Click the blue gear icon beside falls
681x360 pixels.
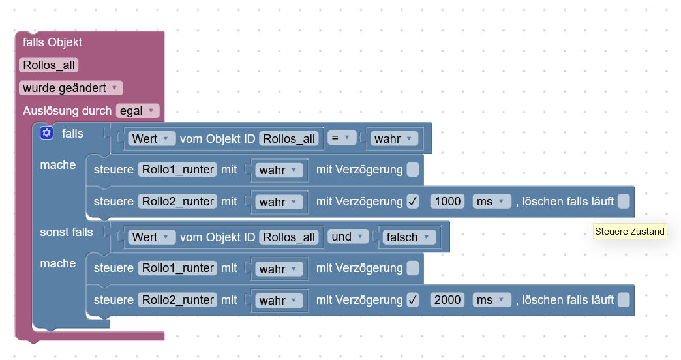click(x=46, y=133)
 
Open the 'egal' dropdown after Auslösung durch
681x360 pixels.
click(x=137, y=111)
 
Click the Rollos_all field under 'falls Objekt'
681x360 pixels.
click(x=50, y=65)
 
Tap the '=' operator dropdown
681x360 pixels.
click(x=341, y=138)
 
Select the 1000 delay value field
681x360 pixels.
click(x=447, y=202)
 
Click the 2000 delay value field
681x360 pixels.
click(x=447, y=300)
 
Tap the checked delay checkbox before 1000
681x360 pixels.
click(x=413, y=202)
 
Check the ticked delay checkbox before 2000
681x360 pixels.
click(x=413, y=300)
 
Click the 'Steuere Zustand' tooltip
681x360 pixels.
click(x=629, y=232)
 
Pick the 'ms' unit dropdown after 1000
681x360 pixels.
click(x=492, y=202)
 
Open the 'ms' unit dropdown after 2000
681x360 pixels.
click(x=492, y=300)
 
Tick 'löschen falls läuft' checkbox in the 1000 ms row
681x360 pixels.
click(x=624, y=202)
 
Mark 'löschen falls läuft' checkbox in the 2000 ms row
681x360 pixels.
click(x=624, y=300)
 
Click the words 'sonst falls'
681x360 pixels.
click(x=67, y=232)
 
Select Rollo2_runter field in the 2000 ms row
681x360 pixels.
click(x=178, y=300)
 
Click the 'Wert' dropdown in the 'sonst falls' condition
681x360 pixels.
click(x=151, y=237)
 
